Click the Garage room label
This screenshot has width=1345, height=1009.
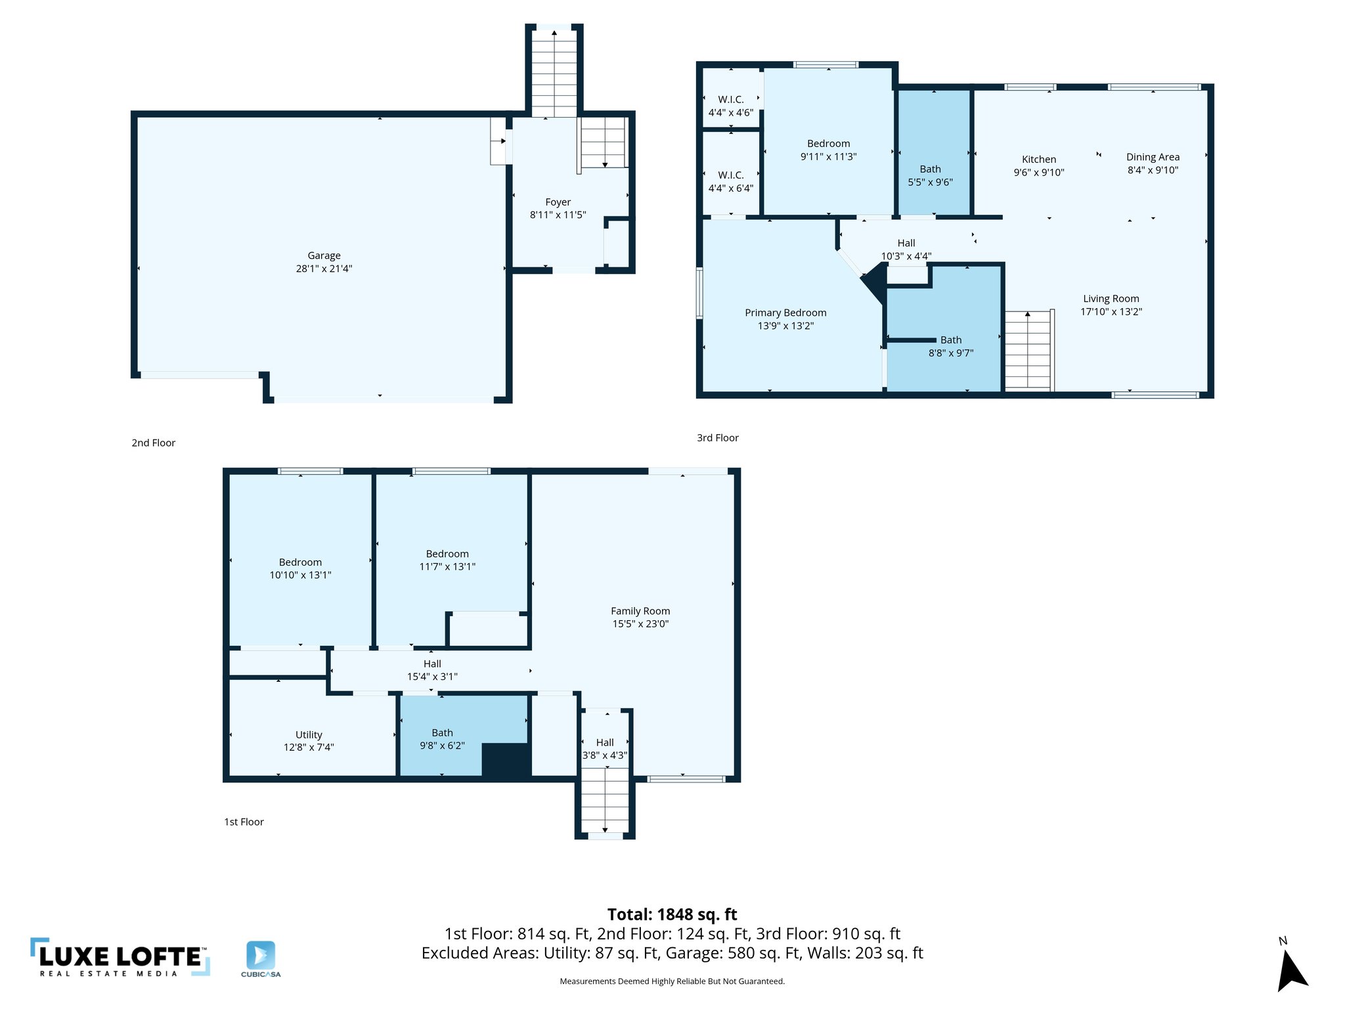point(324,256)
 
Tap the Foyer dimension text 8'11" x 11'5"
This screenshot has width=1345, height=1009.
point(558,215)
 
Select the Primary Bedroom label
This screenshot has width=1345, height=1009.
point(785,313)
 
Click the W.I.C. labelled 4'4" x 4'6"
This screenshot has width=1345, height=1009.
point(730,106)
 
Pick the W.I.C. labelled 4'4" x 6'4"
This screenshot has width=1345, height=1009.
point(730,181)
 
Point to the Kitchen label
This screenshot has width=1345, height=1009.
point(1039,159)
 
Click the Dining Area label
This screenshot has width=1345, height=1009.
point(1153,157)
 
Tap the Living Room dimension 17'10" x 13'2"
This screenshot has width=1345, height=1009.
point(1111,311)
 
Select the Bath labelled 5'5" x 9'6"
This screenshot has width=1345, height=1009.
point(930,175)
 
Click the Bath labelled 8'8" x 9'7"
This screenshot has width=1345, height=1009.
point(950,346)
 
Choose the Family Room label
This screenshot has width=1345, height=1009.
point(640,611)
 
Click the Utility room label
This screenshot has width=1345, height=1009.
point(309,734)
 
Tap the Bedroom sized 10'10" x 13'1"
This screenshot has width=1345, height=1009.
point(300,568)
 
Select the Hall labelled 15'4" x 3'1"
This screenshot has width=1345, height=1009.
point(432,670)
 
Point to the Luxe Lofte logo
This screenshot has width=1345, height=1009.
point(120,958)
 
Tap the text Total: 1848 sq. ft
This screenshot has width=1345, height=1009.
point(672,914)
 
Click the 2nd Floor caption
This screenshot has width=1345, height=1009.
point(153,443)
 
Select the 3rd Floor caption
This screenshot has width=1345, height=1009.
point(717,437)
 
